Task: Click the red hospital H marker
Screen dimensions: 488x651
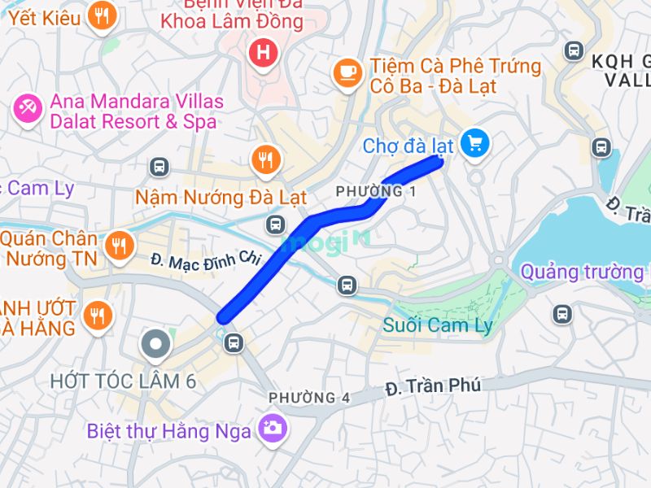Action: pyautogui.click(x=264, y=54)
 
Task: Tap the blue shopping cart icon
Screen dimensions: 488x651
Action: pyautogui.click(x=474, y=144)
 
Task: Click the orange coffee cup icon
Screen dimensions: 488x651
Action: pyautogui.click(x=348, y=74)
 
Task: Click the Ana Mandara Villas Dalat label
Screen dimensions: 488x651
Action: pyautogui.click(x=136, y=111)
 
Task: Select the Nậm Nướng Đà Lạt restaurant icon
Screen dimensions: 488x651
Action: pyautogui.click(x=264, y=159)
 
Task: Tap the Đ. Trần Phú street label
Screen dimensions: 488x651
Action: pyautogui.click(x=434, y=386)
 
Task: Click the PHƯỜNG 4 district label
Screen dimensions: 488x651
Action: pyautogui.click(x=309, y=398)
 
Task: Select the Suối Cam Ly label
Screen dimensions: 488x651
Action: pyautogui.click(x=438, y=326)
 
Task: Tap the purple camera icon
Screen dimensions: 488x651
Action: pyautogui.click(x=271, y=427)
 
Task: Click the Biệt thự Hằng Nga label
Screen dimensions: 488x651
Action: pyautogui.click(x=168, y=431)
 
